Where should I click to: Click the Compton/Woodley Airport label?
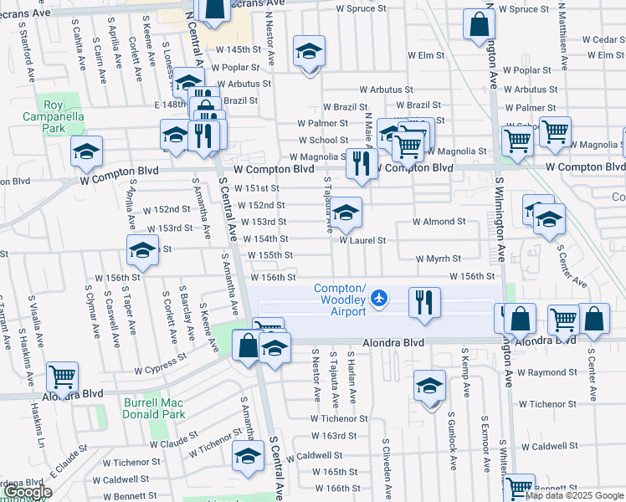[x=340, y=300]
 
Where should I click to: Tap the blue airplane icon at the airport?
[x=380, y=297]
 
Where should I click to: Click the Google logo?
[x=27, y=492]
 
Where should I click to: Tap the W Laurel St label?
[x=362, y=240]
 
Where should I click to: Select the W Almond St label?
[x=439, y=222]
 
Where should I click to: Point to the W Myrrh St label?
[x=438, y=259]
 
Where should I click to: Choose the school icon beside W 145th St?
[x=309, y=52]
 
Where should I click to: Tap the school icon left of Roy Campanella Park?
[x=86, y=151]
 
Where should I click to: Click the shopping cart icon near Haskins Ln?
[x=63, y=377]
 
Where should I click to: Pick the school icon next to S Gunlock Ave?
[x=430, y=386]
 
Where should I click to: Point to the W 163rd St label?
[x=334, y=436]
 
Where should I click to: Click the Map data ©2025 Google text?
[x=574, y=495]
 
